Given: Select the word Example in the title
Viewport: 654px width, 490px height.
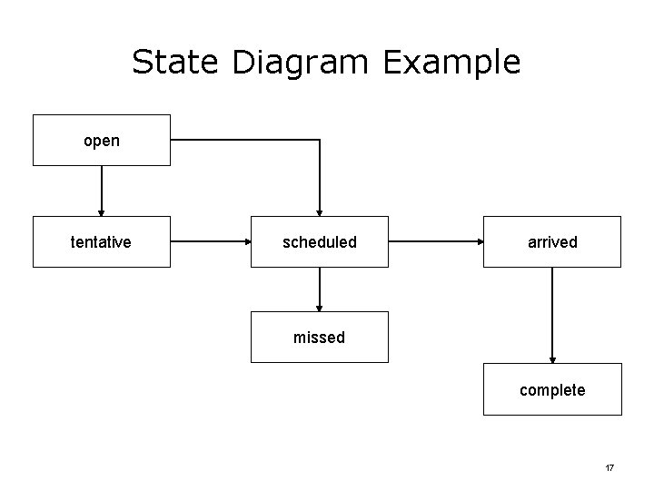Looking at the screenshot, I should [x=451, y=62].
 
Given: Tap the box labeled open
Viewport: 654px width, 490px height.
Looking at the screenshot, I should [x=102, y=141].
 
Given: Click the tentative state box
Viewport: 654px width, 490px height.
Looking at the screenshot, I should [x=102, y=241].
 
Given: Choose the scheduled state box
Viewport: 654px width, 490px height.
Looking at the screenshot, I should [x=320, y=241].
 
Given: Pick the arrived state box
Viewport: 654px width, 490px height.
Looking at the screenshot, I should [x=552, y=241].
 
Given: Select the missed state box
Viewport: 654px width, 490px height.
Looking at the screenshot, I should [x=320, y=338].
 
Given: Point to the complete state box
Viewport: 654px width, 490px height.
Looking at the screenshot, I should [x=552, y=389].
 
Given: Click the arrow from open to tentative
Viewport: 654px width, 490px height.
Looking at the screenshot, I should [x=102, y=191].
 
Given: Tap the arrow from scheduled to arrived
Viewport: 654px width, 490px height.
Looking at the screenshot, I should [x=436, y=242].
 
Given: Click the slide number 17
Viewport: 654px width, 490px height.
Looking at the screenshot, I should [x=609, y=467].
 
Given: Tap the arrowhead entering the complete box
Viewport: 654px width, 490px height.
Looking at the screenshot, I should [x=552, y=358].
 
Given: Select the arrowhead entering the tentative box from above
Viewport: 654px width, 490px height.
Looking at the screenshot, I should [x=102, y=211].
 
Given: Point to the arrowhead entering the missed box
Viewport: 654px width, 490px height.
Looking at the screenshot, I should [x=320, y=306].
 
